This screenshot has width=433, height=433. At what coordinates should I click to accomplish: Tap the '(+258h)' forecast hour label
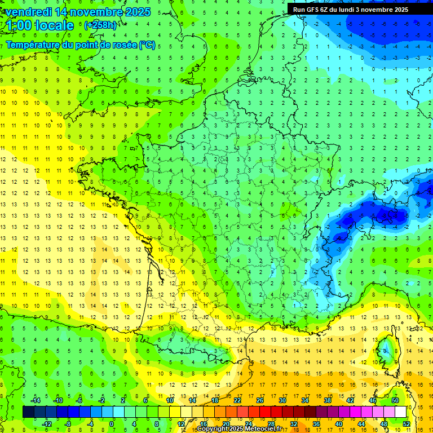(101, 25)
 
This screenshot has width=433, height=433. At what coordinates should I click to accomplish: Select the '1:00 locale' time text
(40, 25)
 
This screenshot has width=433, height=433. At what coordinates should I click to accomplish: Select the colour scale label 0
(112, 423)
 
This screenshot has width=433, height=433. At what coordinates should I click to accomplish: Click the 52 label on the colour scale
(406, 423)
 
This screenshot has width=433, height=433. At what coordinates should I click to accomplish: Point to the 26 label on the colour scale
(260, 400)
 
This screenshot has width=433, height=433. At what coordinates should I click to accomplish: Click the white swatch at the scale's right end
(400, 412)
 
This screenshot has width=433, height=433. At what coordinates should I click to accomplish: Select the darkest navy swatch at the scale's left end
(28, 412)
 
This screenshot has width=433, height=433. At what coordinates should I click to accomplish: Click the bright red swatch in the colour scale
(265, 412)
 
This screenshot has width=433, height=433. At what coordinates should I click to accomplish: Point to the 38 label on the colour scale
(328, 400)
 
